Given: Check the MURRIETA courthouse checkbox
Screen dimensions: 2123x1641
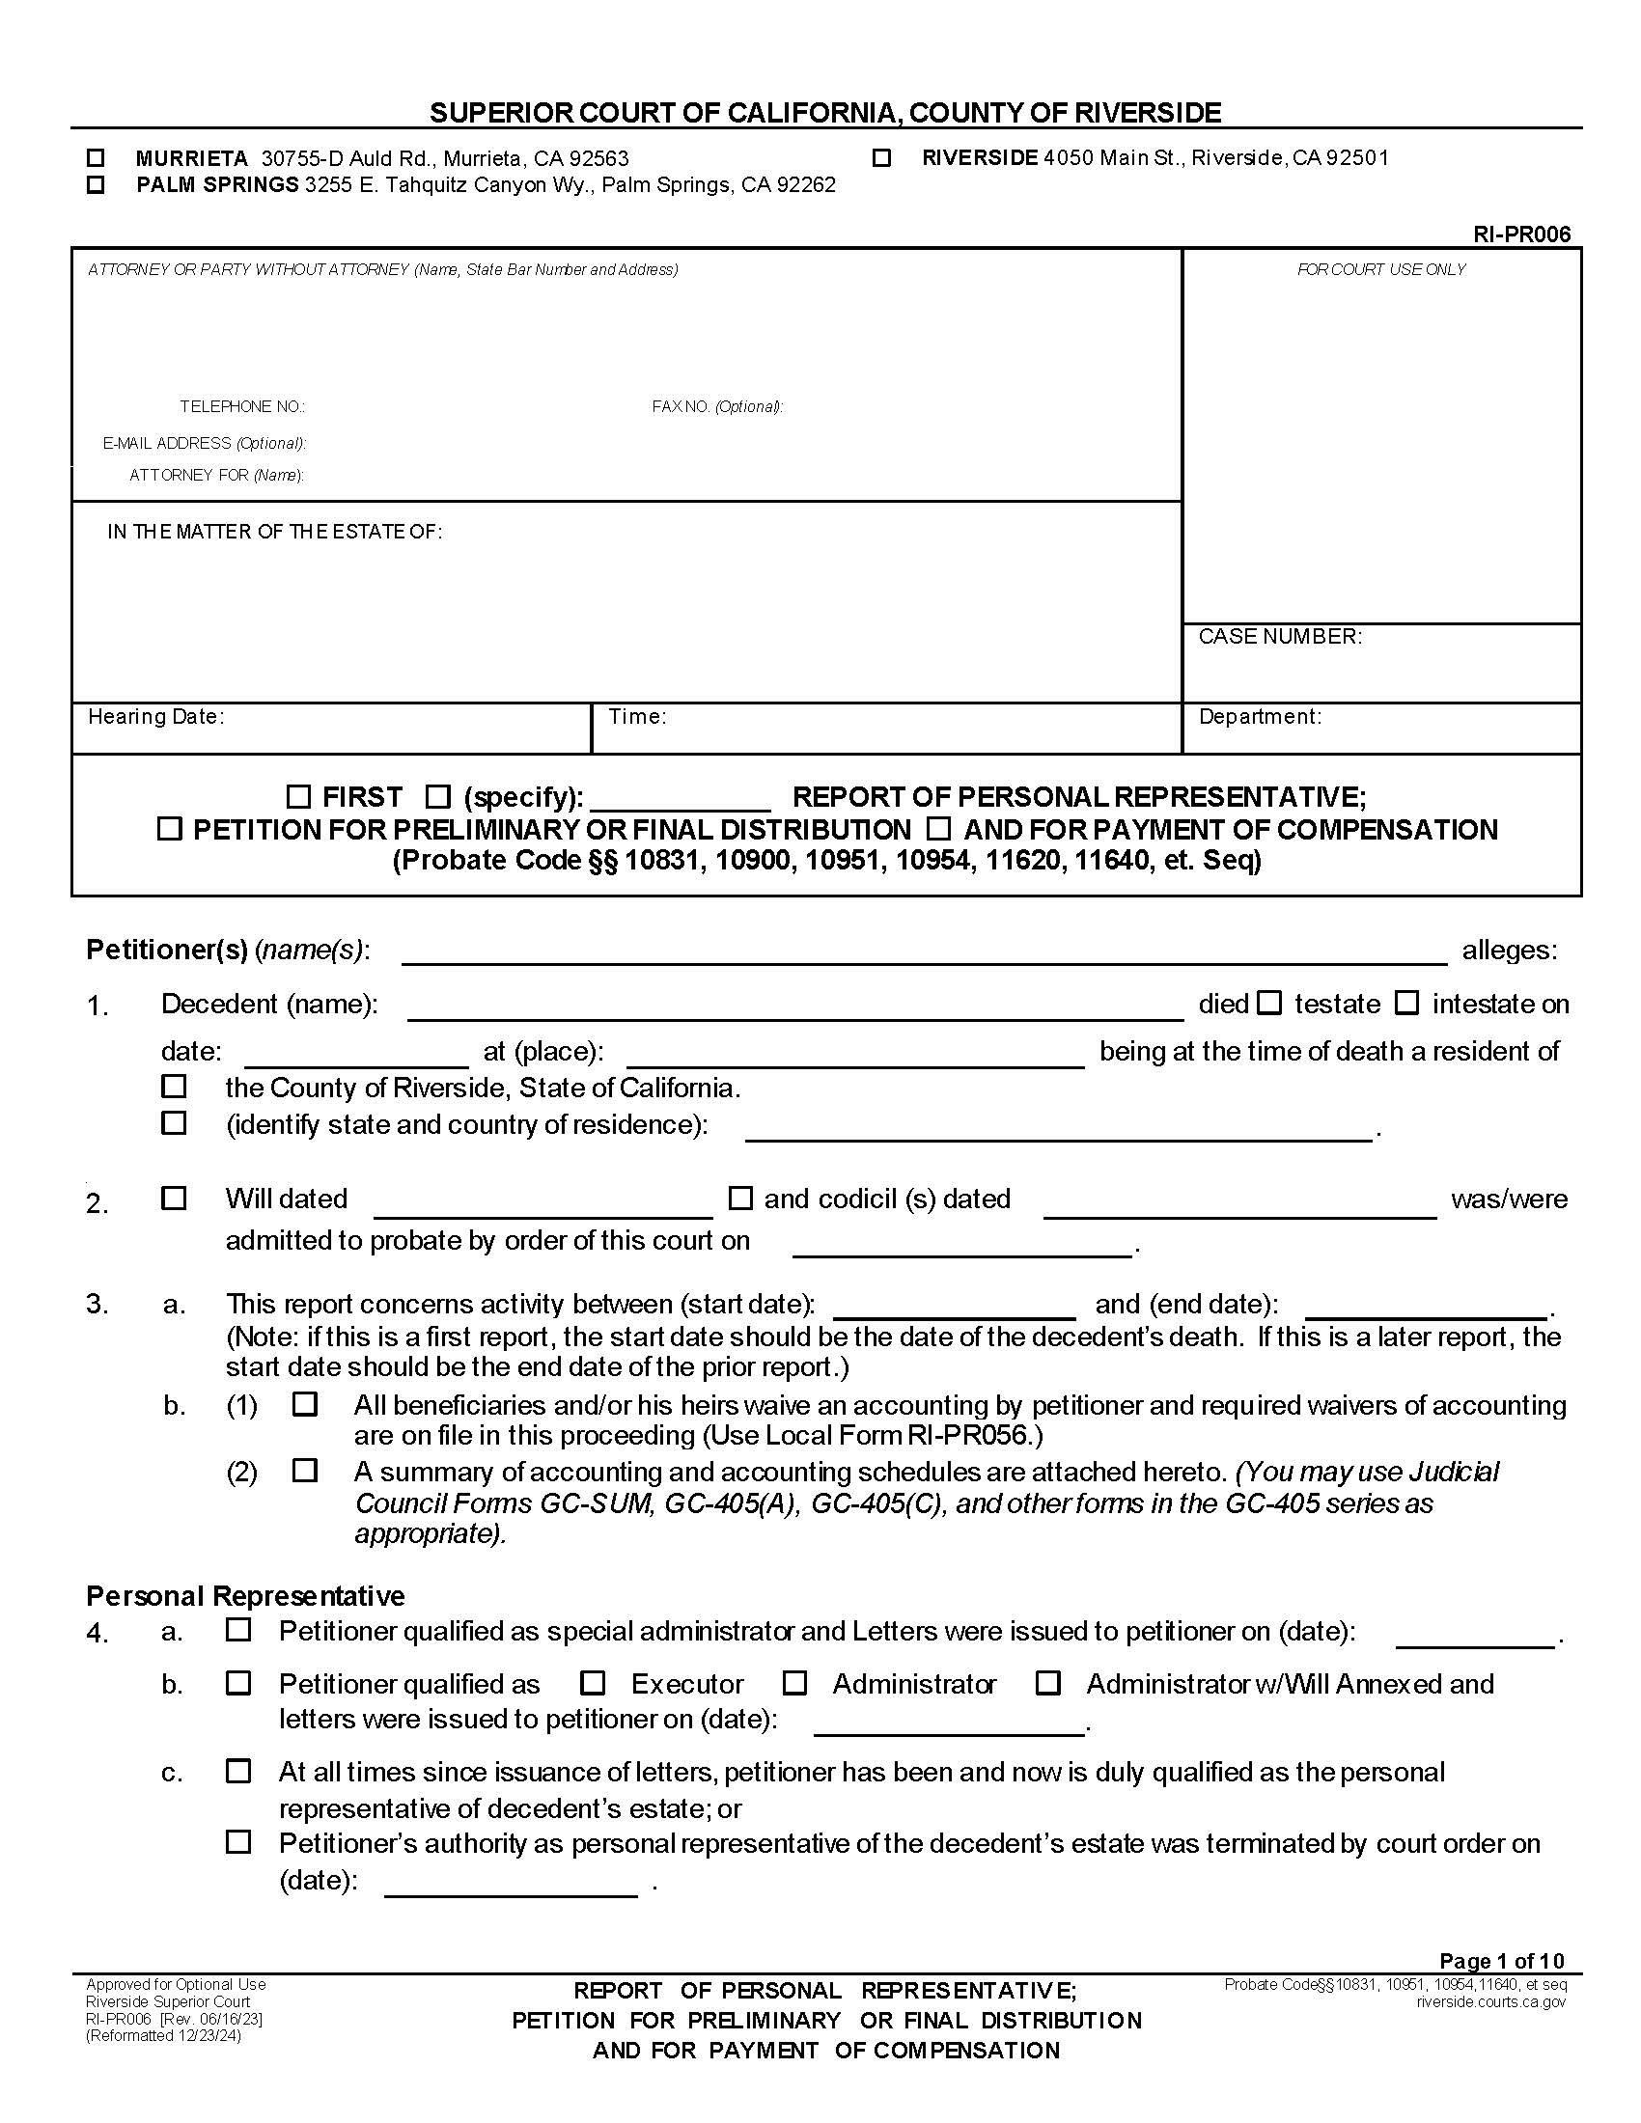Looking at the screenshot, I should tap(96, 157).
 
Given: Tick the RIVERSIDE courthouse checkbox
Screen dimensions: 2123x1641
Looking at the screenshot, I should tap(881, 157).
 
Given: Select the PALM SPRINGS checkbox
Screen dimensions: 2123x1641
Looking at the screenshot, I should tap(96, 184).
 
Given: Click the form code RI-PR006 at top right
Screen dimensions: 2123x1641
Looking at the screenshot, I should tap(1520, 234).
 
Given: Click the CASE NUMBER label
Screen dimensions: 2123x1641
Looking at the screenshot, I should tap(1279, 637).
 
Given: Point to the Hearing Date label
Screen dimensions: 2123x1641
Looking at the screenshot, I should tap(155, 717).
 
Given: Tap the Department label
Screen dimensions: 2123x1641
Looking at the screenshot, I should tap(1259, 717).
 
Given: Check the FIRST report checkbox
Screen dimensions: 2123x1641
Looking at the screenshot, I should tap(298, 797).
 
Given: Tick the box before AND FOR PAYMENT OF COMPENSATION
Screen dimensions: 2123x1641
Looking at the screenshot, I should tap(938, 829).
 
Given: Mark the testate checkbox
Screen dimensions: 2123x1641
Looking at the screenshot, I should tap(1269, 1004).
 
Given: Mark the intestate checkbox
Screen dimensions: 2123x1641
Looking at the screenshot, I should tap(1406, 1004).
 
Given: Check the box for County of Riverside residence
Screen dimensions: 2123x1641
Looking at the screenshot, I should tap(174, 1086).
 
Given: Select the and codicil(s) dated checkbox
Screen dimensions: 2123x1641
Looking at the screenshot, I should tap(740, 1198).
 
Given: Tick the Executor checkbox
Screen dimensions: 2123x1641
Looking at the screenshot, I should tap(592, 1683).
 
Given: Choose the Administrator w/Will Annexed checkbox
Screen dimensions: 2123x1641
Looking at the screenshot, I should tap(1048, 1683).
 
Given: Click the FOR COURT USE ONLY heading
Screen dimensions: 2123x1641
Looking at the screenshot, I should tap(1380, 269).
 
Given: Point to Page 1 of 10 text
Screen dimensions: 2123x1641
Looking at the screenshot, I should tap(1501, 1960).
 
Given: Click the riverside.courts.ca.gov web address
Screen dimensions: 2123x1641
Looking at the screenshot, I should tap(1490, 2001).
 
